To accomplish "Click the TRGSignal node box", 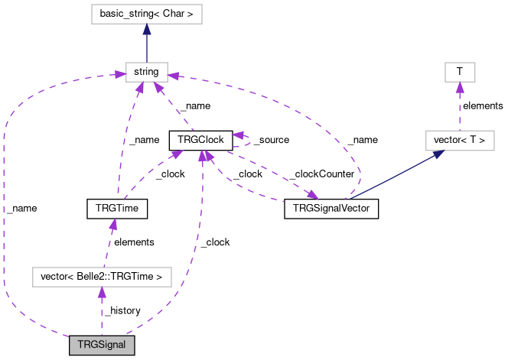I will click(102, 345).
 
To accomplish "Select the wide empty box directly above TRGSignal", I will click(102, 277).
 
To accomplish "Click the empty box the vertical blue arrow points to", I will click(146, 15).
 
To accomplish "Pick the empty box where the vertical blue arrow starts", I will click(146, 72).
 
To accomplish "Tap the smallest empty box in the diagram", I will click(460, 72).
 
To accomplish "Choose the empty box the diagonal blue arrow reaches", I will click(460, 141).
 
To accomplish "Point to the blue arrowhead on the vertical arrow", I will click(146, 29).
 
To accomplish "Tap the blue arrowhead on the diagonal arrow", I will click(438, 154).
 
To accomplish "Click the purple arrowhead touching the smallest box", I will click(460, 87).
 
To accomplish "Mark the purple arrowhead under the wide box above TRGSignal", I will click(101, 292).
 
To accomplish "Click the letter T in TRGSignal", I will click(80, 345).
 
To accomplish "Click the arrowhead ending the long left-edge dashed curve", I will click(119, 75).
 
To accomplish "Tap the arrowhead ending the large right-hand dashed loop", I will click(174, 76).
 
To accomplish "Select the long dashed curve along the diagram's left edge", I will click(4, 214).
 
